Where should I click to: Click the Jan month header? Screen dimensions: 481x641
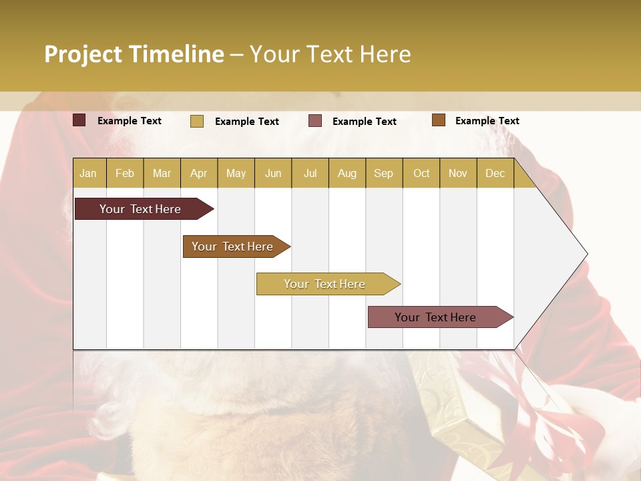(89, 173)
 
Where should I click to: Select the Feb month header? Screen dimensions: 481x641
(125, 173)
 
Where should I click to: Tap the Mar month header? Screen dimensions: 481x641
(162, 173)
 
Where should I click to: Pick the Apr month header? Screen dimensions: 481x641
(199, 173)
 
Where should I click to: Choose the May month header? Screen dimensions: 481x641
(236, 173)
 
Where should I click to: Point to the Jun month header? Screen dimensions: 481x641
(273, 173)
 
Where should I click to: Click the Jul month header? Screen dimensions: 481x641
(310, 173)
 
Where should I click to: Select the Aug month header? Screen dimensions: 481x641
(347, 173)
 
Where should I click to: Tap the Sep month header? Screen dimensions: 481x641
(384, 173)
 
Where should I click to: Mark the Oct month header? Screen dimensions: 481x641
(421, 173)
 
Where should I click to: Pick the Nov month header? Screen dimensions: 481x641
(458, 173)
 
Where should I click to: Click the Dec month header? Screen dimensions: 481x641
(495, 173)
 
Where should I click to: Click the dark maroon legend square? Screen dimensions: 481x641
(79, 120)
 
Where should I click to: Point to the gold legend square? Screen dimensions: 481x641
(197, 121)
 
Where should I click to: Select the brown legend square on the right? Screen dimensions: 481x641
(439, 120)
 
